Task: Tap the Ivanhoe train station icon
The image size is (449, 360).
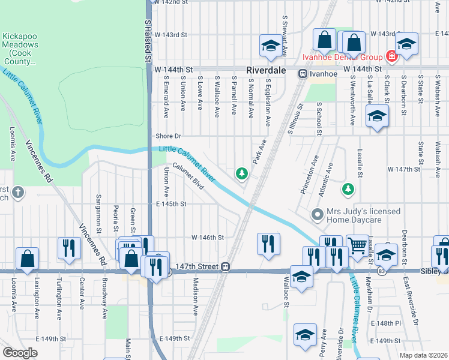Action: [x=303, y=73]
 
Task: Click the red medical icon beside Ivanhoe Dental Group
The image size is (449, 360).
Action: [x=391, y=57]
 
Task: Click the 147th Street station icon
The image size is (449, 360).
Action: [x=226, y=266]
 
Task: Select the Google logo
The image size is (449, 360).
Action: [x=20, y=352]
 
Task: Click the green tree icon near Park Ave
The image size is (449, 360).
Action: [x=242, y=173]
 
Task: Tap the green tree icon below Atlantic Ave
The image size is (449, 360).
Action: [x=348, y=190]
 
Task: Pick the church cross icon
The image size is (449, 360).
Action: [x=18, y=193]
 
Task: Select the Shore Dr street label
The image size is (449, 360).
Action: [x=168, y=136]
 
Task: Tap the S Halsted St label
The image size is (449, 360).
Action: [x=146, y=40]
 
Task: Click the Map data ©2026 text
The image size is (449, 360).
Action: [x=424, y=355]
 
